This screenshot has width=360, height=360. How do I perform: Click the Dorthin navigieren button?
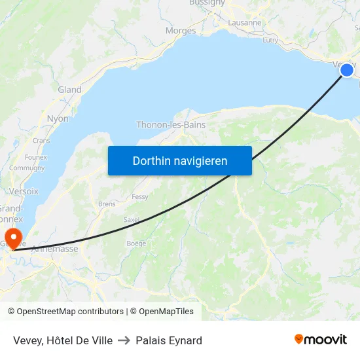coord(180,160)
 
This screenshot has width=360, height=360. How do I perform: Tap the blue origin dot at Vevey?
coord(347,70)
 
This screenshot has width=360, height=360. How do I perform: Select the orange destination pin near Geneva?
coord(12,236)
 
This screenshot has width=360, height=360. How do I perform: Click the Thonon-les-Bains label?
coord(171,125)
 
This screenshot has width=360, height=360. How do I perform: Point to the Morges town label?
coord(181,31)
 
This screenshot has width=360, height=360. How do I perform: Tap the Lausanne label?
coord(245,22)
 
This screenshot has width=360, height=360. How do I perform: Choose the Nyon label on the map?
coord(58,118)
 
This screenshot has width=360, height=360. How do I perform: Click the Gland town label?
coord(69,90)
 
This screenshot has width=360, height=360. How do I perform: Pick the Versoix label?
coord(24,191)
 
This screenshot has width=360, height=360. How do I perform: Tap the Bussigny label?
coord(207,3)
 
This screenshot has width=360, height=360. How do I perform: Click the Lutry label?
coord(270,40)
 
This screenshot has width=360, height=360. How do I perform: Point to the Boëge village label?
coord(136,243)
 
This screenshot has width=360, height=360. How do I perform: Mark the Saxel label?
coord(132,219)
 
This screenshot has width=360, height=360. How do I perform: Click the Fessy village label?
coord(140,196)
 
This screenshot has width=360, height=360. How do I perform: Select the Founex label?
coord(35,157)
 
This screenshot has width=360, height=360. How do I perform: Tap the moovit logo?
coord(321,340)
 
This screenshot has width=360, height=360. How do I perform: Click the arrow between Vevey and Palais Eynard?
coord(124,340)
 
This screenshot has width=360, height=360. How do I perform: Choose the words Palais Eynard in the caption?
coord(169,340)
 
